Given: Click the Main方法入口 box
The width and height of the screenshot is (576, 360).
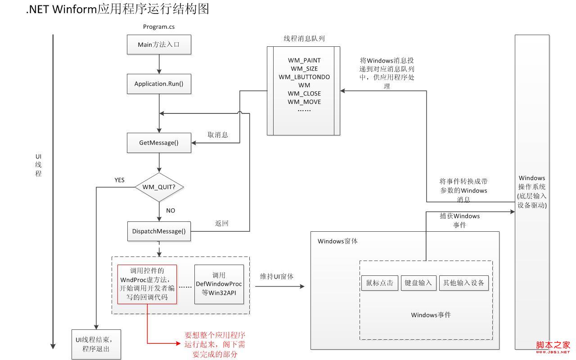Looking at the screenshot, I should pos(159,45).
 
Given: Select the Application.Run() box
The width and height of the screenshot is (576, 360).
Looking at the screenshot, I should pos(159,84).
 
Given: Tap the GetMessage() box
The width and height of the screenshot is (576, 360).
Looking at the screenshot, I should pos(159,143).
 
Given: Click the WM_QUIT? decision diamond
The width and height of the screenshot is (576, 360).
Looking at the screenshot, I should pos(159,187).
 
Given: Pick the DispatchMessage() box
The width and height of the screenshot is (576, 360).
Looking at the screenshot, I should pos(159,231).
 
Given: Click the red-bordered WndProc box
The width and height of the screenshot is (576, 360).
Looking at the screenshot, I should pos(147,284).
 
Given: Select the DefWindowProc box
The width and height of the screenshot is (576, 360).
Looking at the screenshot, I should pos(219,284).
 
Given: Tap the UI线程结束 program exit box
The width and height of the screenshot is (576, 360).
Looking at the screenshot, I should pos(96,344).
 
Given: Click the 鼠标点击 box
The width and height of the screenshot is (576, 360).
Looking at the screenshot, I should pos(380,283).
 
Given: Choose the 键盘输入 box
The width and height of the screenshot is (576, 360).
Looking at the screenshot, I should pos(418,283).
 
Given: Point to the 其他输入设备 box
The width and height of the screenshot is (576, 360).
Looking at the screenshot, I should pos(464,283).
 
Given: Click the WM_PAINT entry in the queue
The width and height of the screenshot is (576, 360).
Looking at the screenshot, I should pos(304,60).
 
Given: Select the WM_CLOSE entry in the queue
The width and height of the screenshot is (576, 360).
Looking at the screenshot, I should pos(304,94).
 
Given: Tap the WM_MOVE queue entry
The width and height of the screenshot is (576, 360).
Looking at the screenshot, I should pos(304,102).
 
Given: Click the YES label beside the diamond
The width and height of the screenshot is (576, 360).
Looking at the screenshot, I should pos(119,180).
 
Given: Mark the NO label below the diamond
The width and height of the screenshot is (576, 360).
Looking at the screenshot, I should pos(171,211).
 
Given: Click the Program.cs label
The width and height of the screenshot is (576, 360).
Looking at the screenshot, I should pos(159,27).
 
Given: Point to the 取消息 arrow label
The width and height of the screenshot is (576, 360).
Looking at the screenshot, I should pos(217,135).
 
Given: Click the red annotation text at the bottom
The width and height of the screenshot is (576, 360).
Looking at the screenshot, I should pos(215,345).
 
